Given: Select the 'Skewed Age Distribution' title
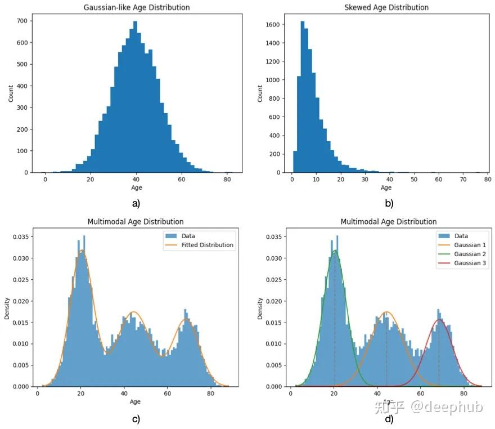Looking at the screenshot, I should pos(386,7).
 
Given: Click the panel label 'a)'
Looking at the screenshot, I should pos(135,203).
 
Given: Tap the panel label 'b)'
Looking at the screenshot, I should pos(388,203).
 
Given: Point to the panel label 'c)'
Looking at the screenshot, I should pos(135,419).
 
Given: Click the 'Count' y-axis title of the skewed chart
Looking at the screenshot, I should pos(260,93).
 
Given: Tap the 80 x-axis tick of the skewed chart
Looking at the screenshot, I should pos(486,179).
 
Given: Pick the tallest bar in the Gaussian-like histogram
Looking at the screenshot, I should pos(135,96).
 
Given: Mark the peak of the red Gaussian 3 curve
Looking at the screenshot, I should pos(439,320).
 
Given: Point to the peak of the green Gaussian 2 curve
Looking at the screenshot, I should pos(335,251).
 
